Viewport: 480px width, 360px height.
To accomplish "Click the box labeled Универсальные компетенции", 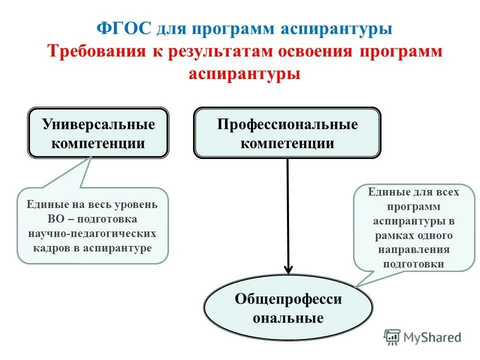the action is tap(98, 133).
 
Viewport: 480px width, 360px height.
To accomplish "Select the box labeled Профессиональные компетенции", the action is tap(287, 133).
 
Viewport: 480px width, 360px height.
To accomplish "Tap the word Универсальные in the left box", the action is tap(98, 124).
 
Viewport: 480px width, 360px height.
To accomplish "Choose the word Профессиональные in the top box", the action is tap(287, 124).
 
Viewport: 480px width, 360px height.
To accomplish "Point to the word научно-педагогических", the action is tap(92, 233).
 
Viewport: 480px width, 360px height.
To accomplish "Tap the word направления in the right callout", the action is tap(413, 249).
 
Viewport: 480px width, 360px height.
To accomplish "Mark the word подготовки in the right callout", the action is tap(413, 264).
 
